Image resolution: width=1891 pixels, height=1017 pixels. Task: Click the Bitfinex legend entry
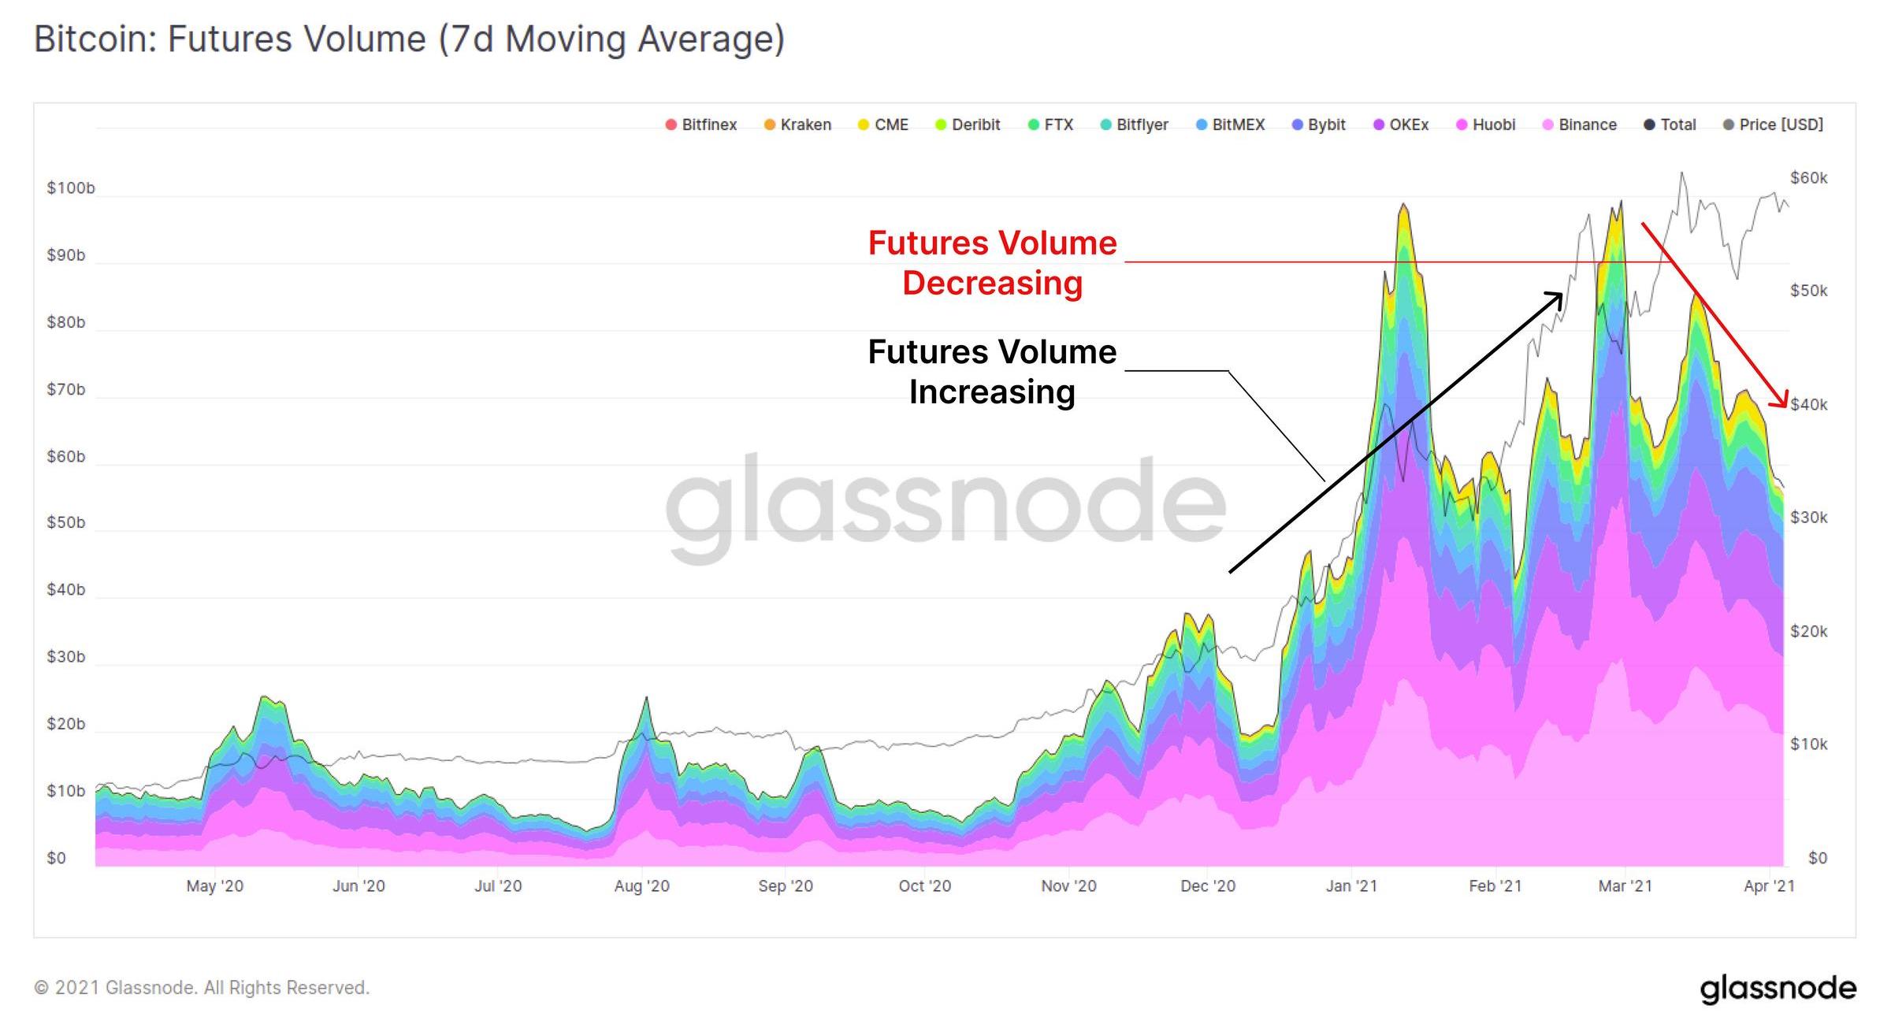[701, 124]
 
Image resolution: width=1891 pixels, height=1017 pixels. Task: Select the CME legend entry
[883, 124]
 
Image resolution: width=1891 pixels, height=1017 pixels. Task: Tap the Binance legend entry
[1580, 124]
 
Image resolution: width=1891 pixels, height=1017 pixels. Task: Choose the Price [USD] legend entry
[1774, 124]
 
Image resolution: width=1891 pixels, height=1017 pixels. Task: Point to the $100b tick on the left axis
[70, 187]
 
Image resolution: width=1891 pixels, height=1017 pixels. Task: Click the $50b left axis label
[65, 522]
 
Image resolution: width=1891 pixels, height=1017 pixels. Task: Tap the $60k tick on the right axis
[1808, 177]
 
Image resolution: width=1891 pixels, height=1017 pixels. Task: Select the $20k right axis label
[1808, 631]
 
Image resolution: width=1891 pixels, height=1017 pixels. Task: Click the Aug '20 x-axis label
[641, 885]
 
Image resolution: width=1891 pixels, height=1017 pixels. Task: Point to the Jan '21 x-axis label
[1351, 885]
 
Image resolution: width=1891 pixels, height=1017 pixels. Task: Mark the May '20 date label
[214, 885]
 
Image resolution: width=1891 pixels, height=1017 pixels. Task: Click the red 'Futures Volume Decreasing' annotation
[992, 262]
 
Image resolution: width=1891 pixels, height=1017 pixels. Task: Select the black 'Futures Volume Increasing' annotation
[992, 371]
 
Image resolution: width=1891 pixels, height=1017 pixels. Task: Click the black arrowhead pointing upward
[1555, 298]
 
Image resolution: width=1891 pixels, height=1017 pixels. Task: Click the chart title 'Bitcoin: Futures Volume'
[409, 39]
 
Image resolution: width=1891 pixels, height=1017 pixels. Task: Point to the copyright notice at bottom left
[202, 987]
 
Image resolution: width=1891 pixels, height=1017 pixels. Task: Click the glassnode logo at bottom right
[1778, 988]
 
